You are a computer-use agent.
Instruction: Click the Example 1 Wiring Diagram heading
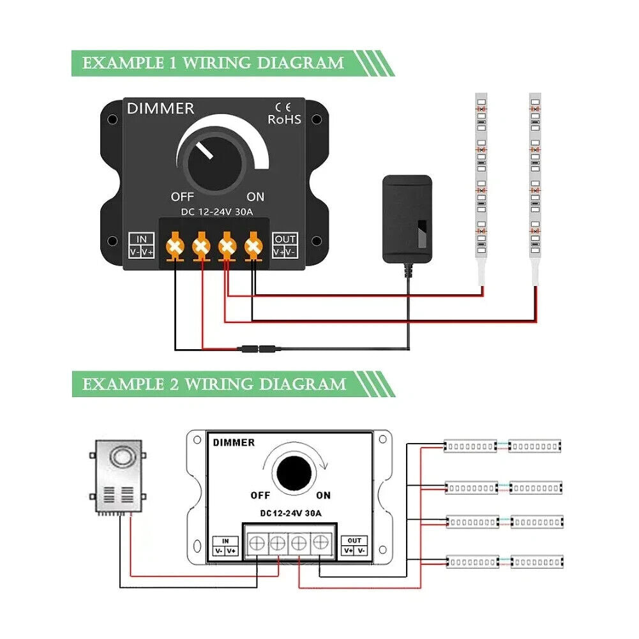(213, 63)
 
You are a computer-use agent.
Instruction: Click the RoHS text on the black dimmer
(284, 119)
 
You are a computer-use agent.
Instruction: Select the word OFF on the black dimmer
(182, 197)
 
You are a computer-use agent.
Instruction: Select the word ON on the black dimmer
(255, 197)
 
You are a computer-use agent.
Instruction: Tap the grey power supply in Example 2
(119, 476)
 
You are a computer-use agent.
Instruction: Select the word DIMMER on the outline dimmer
(234, 442)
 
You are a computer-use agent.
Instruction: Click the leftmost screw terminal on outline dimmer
(257, 544)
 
